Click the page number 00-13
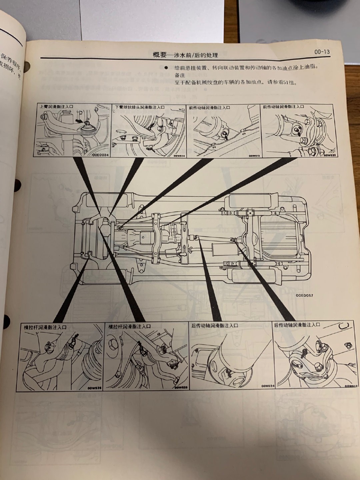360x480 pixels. (x=322, y=52)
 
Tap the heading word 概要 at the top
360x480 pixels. (x=159, y=55)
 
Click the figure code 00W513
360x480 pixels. (x=254, y=155)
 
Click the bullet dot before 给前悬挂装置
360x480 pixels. (x=166, y=67)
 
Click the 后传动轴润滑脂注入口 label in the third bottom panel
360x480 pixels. (x=215, y=326)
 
